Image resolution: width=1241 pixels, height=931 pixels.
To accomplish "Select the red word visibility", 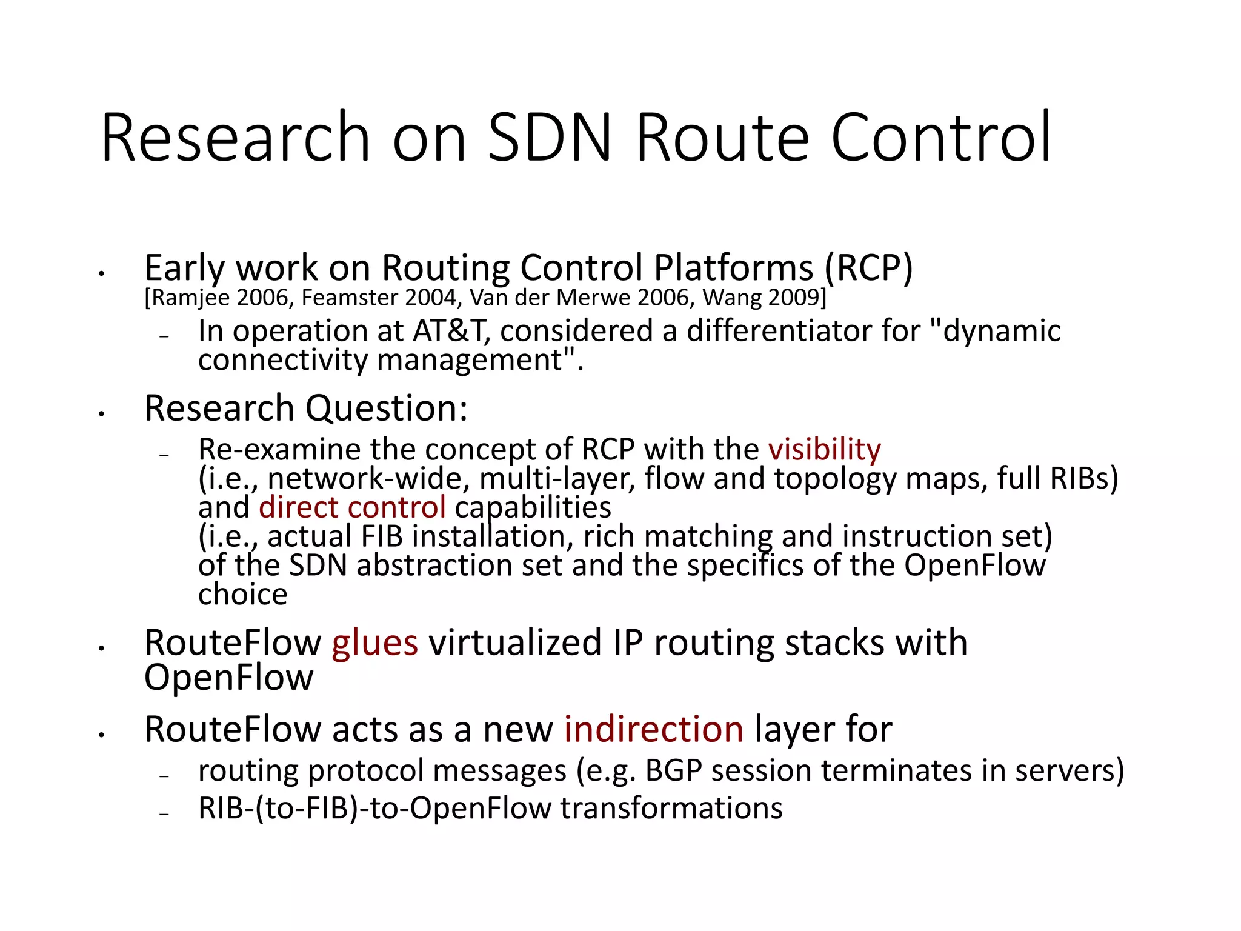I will pos(824,450).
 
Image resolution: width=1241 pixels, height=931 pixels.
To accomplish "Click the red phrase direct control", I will pos(352,507).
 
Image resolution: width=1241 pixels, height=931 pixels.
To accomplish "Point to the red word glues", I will pos(374,642).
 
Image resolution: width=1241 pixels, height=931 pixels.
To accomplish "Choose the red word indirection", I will pos(653,729).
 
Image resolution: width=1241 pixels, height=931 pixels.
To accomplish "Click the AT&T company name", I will pos(450,332).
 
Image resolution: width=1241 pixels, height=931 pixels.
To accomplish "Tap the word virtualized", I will pos(515,642).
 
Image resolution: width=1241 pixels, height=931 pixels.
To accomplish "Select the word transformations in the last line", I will pos(671,809).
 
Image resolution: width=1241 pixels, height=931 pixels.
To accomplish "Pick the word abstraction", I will pos(459,566).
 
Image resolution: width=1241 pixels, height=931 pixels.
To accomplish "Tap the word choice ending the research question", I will pos(242,595).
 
